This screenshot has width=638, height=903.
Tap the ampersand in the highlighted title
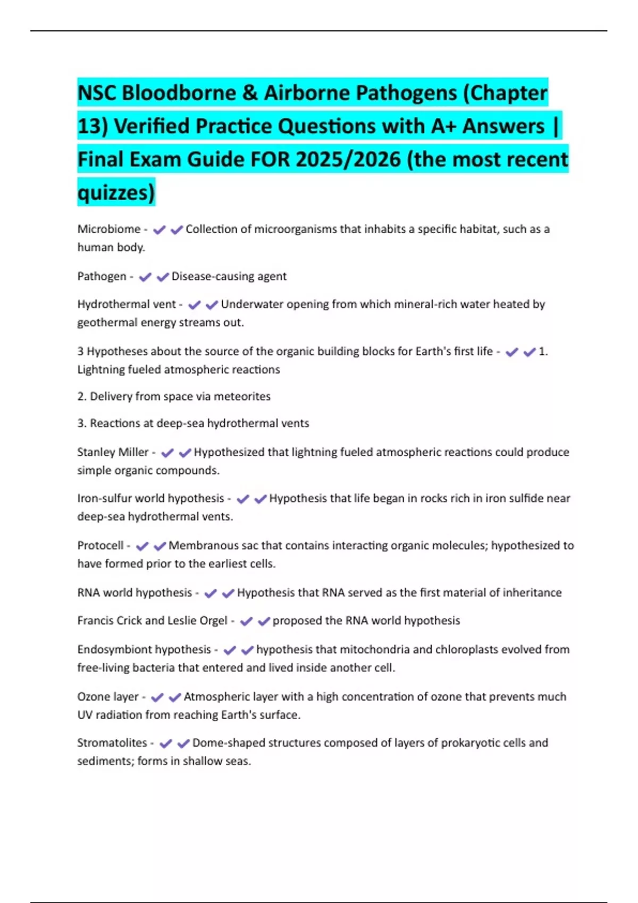click(250, 93)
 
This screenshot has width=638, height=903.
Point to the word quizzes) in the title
click(116, 192)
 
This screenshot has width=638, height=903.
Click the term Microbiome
click(109, 229)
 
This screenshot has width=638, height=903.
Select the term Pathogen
click(102, 276)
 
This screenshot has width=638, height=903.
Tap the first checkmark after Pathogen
click(145, 277)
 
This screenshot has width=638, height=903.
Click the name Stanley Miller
click(113, 452)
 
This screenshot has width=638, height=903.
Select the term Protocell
click(100, 546)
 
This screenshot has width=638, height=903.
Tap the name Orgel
click(212, 620)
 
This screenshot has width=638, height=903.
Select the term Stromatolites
click(112, 743)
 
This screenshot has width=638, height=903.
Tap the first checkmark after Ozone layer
click(157, 697)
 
